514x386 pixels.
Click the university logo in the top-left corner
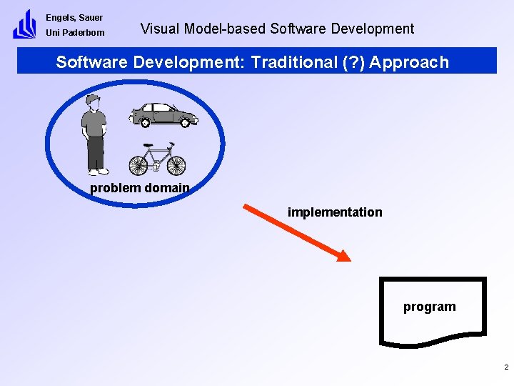(24, 24)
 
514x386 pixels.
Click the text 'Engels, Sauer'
(74, 17)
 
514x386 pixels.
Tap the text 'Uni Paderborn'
(75, 33)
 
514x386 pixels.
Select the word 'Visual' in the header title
(161, 29)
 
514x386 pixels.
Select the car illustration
(165, 114)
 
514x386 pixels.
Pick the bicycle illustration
(157, 159)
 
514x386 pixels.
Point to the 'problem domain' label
(139, 188)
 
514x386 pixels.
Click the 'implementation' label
(335, 212)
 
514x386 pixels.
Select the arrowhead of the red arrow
(343, 255)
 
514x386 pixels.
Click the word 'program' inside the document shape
(429, 307)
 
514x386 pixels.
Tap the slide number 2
(505, 367)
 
